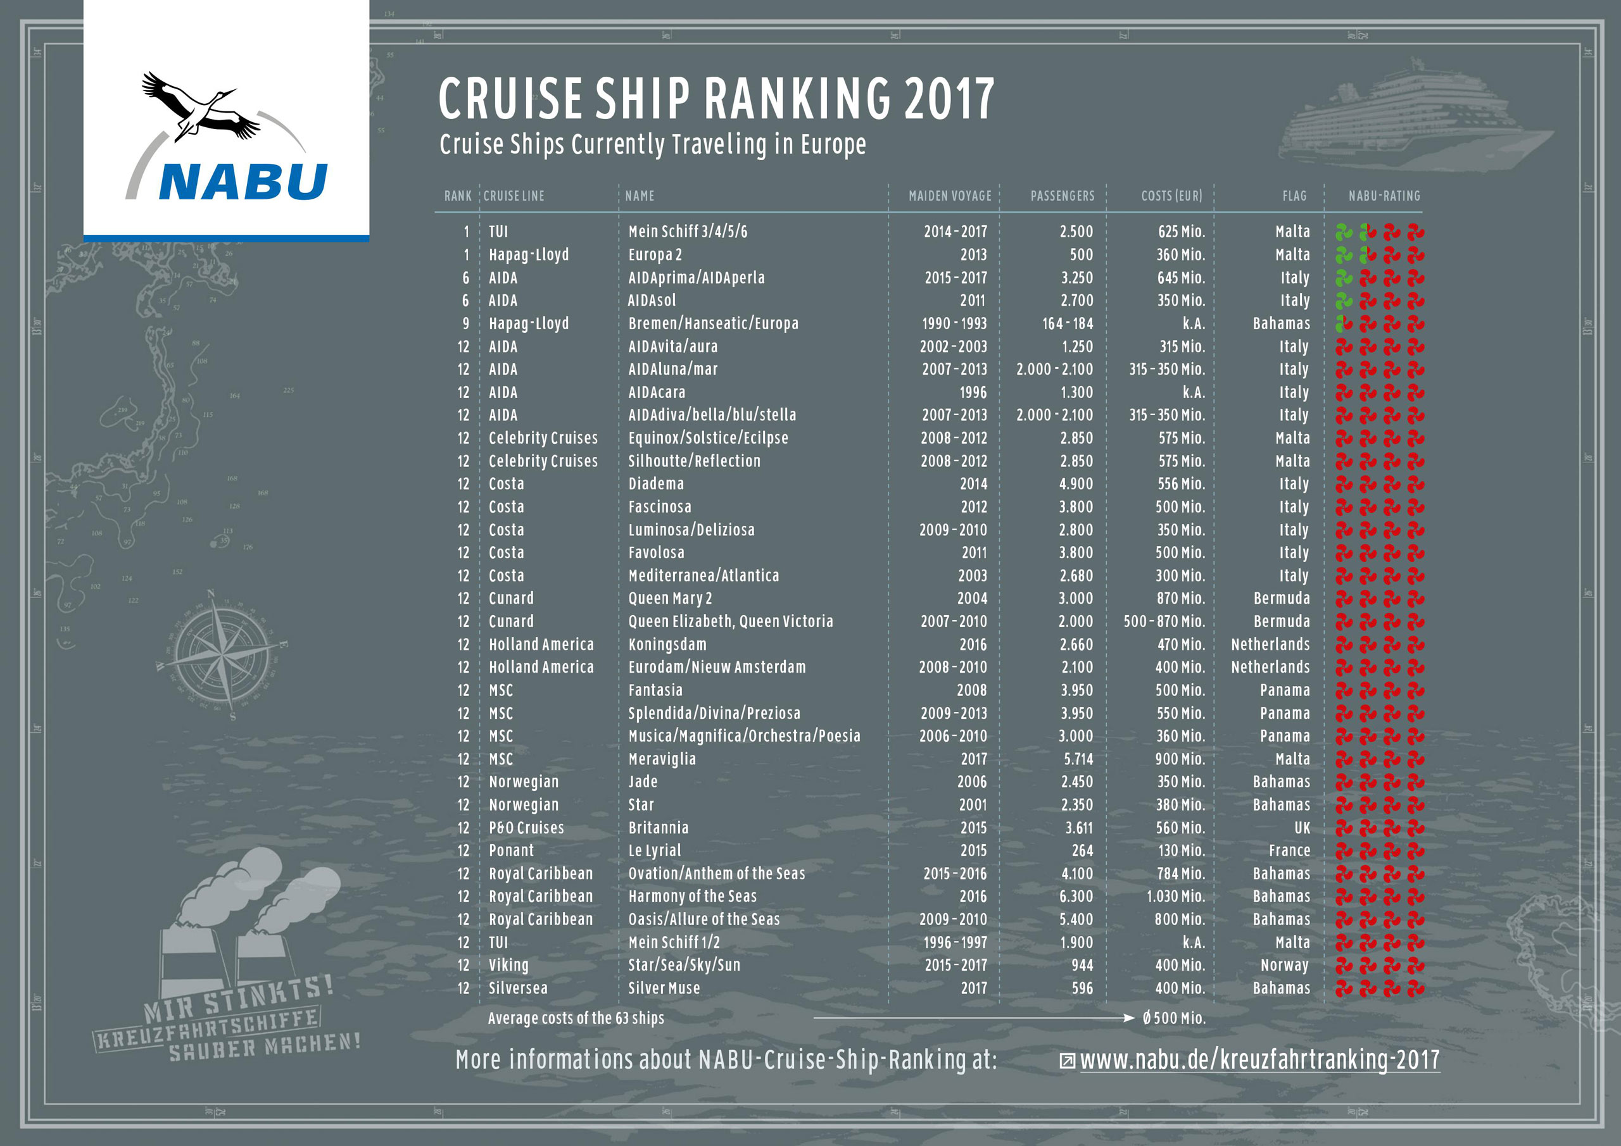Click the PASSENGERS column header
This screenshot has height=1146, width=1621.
tap(1062, 196)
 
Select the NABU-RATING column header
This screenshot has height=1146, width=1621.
tap(1384, 196)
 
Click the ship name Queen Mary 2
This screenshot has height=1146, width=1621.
tap(669, 599)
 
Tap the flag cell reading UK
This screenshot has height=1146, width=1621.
tap(1302, 828)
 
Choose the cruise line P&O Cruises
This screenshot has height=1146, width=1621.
tap(526, 828)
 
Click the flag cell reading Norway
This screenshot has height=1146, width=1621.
tap(1284, 966)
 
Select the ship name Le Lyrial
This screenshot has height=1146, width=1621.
tap(655, 850)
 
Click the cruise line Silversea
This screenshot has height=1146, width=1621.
tap(517, 988)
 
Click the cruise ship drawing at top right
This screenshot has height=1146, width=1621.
tap(1401, 127)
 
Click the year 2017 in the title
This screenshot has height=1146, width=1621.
tap(949, 99)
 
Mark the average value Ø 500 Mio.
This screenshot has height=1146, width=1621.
tap(1173, 1018)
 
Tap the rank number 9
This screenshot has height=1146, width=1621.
tap(466, 324)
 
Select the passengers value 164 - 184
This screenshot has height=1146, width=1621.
tap(1067, 324)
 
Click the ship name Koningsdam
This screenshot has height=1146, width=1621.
tap(667, 644)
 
